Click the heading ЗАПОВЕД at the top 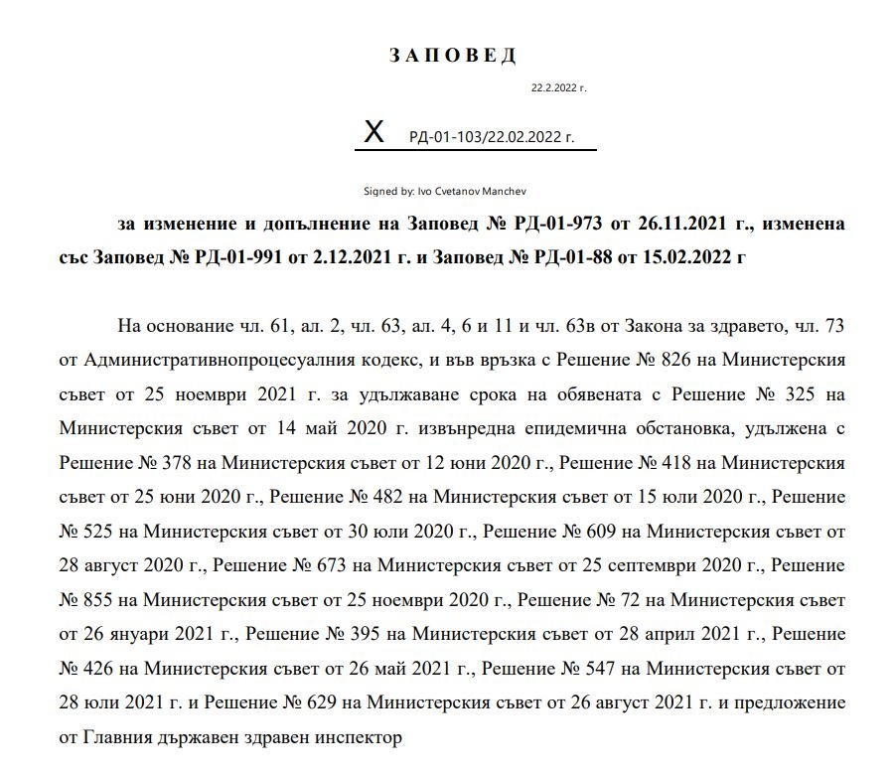pyautogui.click(x=453, y=56)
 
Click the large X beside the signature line pyautogui.click(x=373, y=131)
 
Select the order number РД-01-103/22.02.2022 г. pyautogui.click(x=491, y=136)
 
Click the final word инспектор pyautogui.click(x=359, y=737)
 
